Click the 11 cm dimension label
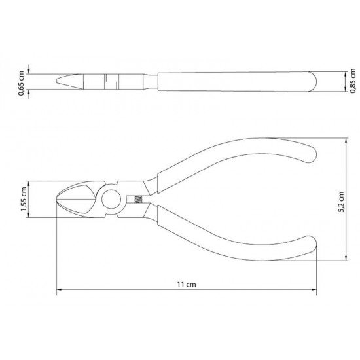click(187, 285)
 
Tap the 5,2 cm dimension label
click(342, 202)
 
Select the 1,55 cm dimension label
click(24, 199)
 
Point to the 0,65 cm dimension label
click(22, 83)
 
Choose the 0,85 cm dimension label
click(353, 81)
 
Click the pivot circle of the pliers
click(111, 199)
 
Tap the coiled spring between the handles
click(137, 199)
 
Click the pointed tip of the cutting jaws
click(58, 199)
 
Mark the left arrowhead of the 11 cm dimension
click(59, 290)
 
